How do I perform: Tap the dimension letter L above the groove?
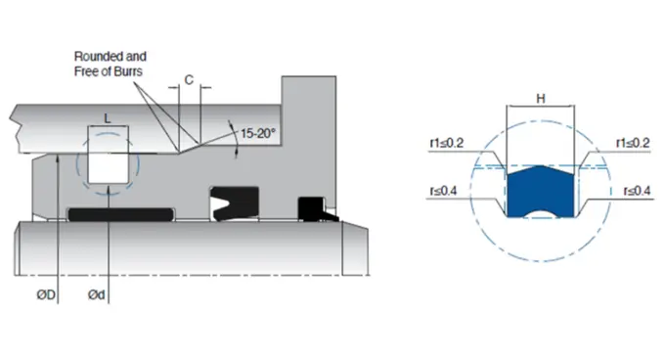point(109,118)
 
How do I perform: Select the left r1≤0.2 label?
point(446,143)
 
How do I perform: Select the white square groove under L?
point(108,158)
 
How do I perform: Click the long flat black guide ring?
point(119,211)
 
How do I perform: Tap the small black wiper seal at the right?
point(312,208)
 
